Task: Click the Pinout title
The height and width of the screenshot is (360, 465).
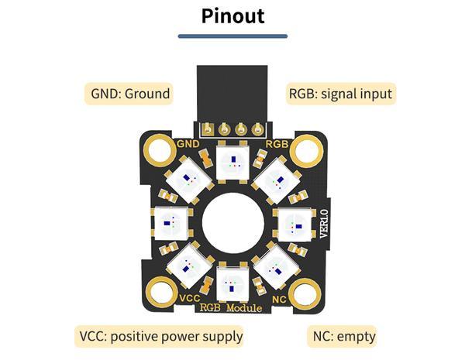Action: click(x=232, y=15)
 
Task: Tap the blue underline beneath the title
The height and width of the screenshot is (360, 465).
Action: click(x=232, y=36)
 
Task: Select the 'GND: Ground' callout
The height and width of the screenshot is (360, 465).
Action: click(x=130, y=94)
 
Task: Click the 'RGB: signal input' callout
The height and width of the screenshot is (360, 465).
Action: click(x=341, y=94)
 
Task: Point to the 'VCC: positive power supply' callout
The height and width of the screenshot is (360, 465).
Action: click(x=161, y=336)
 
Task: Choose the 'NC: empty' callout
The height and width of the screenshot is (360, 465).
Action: click(x=344, y=336)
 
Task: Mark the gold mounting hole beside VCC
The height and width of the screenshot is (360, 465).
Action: click(x=159, y=295)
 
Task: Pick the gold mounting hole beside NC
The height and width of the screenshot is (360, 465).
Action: click(x=306, y=295)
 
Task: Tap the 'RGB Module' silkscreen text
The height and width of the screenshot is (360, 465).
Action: click(x=232, y=308)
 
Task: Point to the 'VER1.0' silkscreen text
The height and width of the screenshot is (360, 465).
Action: click(x=323, y=223)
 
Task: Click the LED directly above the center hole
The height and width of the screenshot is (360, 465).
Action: click(x=232, y=162)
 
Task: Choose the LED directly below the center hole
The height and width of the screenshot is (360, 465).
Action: click(x=232, y=283)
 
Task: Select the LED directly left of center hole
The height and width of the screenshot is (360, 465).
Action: click(x=171, y=223)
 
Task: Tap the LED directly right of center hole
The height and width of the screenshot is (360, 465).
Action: click(x=293, y=223)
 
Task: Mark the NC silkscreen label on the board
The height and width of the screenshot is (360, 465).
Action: click(x=280, y=298)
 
